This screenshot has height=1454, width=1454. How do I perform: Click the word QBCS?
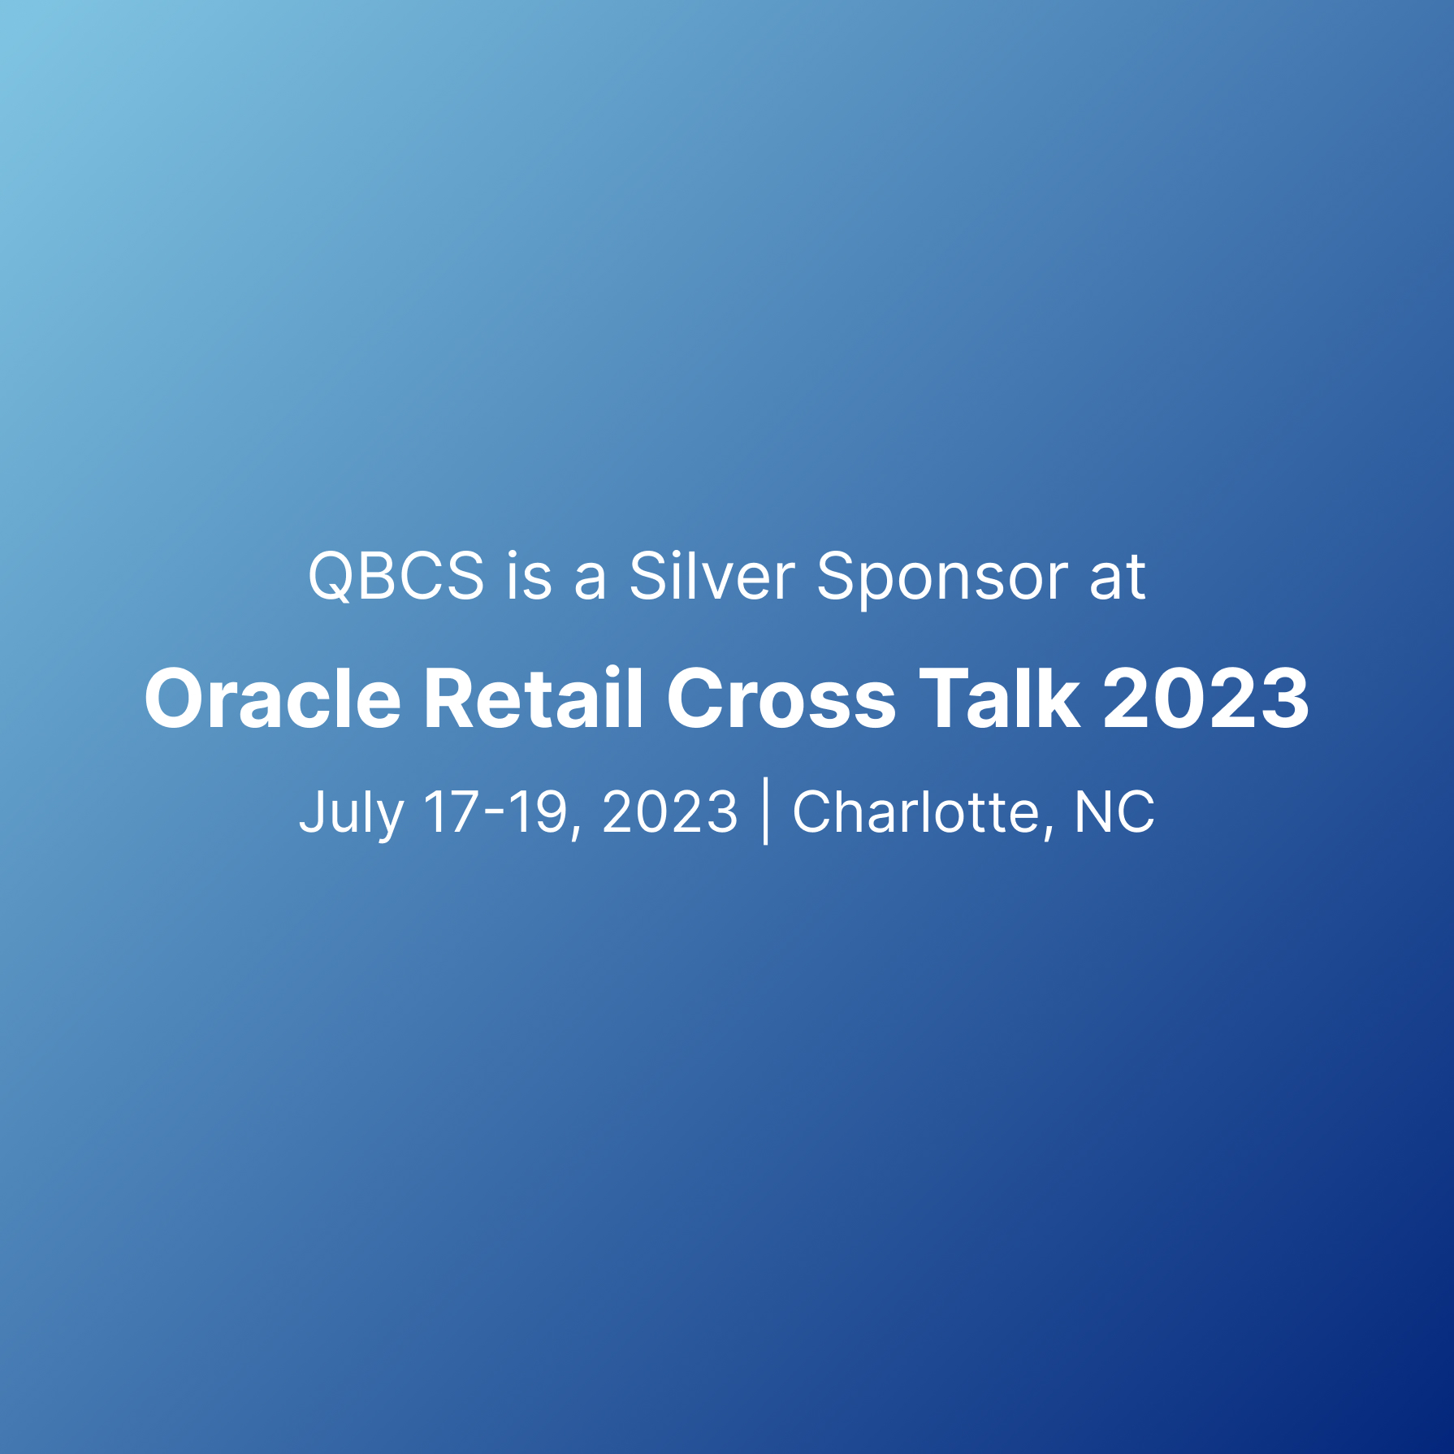396,577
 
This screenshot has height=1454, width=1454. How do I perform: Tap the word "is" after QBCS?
529,576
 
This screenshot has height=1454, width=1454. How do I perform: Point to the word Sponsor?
942,579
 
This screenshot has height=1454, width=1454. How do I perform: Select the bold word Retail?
534,698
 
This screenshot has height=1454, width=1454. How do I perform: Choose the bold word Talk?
999,698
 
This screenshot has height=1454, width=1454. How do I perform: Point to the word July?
352,811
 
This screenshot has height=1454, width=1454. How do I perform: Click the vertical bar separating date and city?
766,811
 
